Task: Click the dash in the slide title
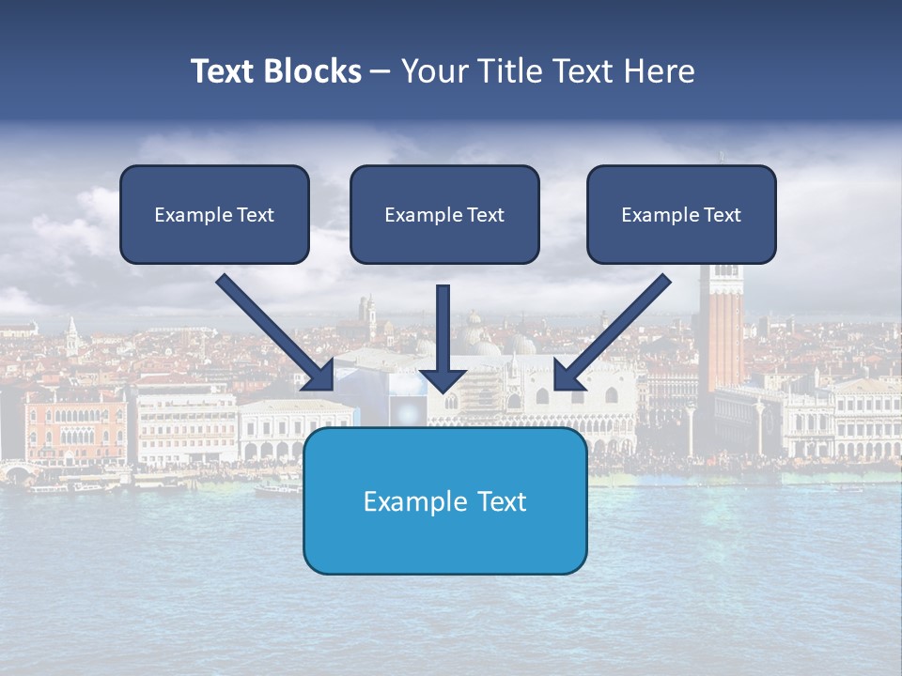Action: pos(381,72)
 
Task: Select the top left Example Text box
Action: pos(214,214)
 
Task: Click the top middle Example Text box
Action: pos(444,214)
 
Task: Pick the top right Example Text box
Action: pos(681,214)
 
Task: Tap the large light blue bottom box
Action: pos(444,500)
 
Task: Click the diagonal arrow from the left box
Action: pos(272,330)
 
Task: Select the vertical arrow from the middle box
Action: pos(443,329)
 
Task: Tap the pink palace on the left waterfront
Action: pos(75,422)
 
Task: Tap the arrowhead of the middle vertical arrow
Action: pos(443,380)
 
